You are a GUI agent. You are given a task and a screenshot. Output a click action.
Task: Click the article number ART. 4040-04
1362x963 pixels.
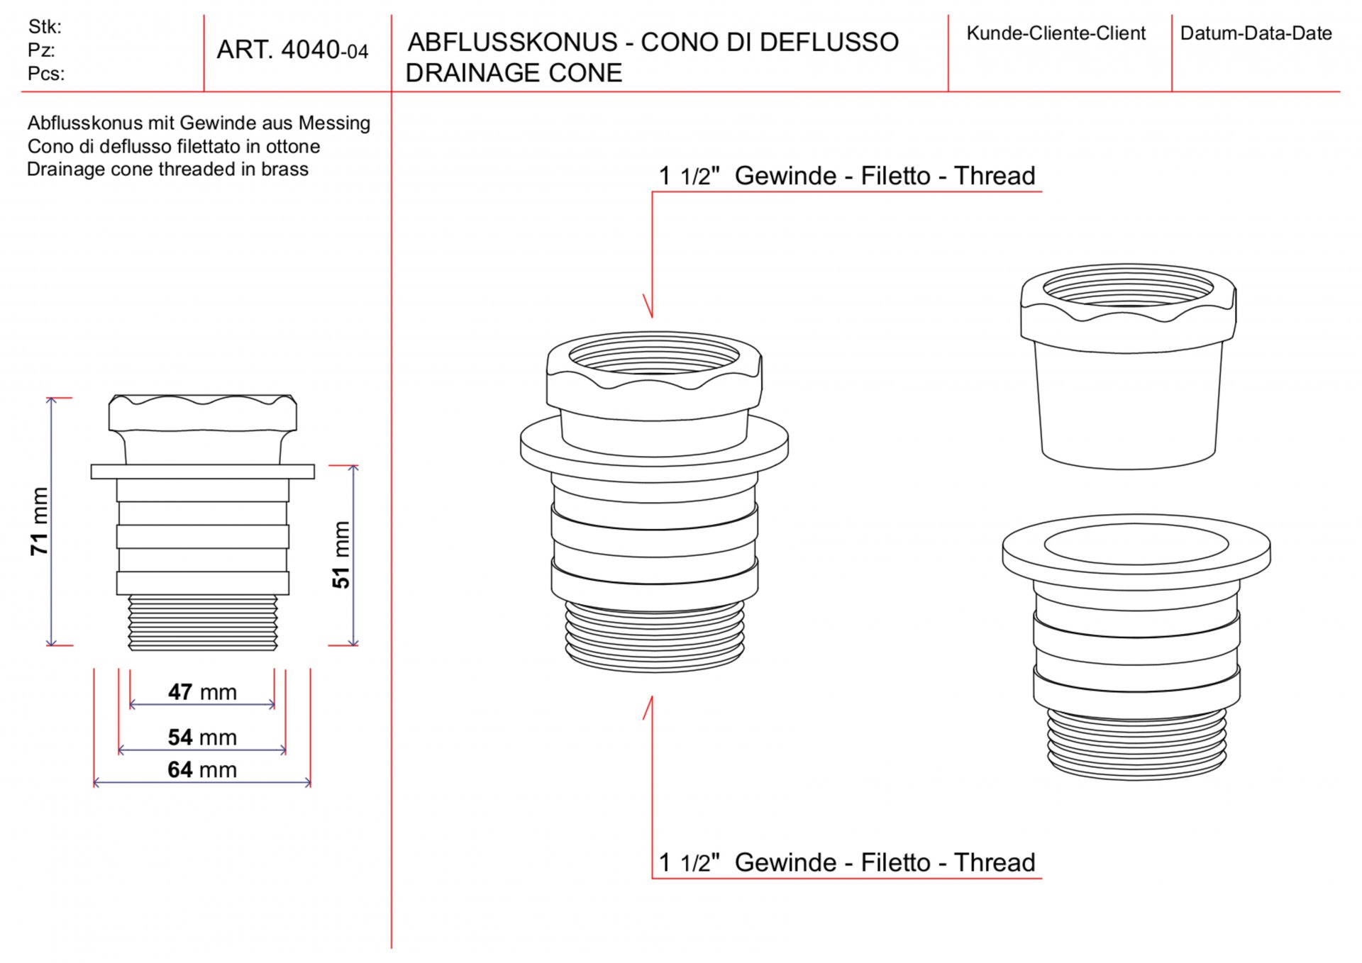292,50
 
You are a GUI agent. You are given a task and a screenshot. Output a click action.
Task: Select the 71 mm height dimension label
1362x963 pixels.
40,521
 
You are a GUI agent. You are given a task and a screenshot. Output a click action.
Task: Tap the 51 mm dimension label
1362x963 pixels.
341,555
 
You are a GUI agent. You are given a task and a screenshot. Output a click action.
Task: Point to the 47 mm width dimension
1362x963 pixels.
202,691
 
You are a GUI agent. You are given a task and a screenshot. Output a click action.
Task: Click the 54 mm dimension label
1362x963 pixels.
202,737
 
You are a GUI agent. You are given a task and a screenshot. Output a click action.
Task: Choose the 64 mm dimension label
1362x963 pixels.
202,769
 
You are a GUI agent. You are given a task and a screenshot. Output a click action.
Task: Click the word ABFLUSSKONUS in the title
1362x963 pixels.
512,42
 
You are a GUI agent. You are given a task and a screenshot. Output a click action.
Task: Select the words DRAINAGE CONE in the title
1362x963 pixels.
514,72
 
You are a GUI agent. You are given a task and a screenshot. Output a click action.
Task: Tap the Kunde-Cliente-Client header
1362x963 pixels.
1056,33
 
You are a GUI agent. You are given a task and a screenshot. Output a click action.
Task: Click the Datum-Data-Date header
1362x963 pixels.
1256,33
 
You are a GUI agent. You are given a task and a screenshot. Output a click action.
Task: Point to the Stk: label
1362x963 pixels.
45,27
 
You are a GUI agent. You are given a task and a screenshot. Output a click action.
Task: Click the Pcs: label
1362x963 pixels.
46,74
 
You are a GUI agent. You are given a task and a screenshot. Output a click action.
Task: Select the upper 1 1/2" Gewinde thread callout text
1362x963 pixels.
847,175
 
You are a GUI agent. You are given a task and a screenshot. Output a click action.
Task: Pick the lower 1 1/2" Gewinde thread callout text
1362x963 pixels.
847,862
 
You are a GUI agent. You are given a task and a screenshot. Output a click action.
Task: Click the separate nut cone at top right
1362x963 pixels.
1128,367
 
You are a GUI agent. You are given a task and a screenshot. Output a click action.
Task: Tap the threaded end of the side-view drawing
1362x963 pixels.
202,622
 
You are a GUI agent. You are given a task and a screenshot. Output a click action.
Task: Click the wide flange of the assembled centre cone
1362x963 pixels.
654,447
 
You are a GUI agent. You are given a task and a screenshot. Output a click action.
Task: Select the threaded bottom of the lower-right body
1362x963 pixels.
1137,743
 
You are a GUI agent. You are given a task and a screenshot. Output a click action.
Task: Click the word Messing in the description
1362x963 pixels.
334,123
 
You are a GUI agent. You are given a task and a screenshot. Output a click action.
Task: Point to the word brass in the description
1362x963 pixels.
284,169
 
